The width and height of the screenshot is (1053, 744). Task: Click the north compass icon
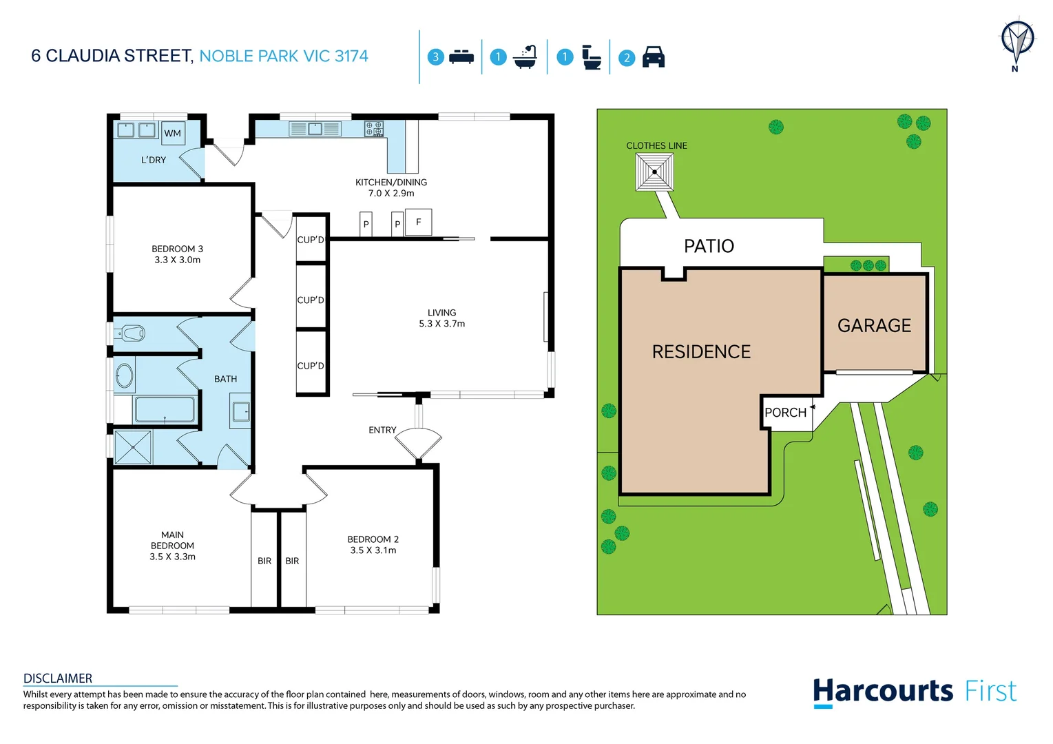(1016, 43)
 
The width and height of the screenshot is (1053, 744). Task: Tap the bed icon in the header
(461, 57)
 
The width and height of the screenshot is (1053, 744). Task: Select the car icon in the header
(653, 57)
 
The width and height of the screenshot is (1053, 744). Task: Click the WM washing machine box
(172, 133)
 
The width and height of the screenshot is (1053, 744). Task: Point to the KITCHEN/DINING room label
(390, 183)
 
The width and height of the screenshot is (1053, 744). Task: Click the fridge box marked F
(418, 222)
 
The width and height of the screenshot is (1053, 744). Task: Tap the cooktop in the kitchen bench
(374, 129)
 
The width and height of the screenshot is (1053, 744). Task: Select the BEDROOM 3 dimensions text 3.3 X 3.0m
(177, 260)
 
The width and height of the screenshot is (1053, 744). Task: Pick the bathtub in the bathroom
(165, 410)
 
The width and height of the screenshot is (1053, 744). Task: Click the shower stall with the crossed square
(132, 446)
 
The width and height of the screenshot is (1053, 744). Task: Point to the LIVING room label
(441, 313)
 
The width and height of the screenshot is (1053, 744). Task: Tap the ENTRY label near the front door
(382, 430)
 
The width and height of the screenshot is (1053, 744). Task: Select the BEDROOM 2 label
(373, 539)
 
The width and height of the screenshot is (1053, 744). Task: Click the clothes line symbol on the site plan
(654, 172)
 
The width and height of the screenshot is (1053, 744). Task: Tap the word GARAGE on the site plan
(874, 325)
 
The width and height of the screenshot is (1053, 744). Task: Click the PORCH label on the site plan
(785, 413)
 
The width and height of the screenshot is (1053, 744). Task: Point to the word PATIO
(709, 246)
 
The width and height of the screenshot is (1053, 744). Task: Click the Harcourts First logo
(914, 691)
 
